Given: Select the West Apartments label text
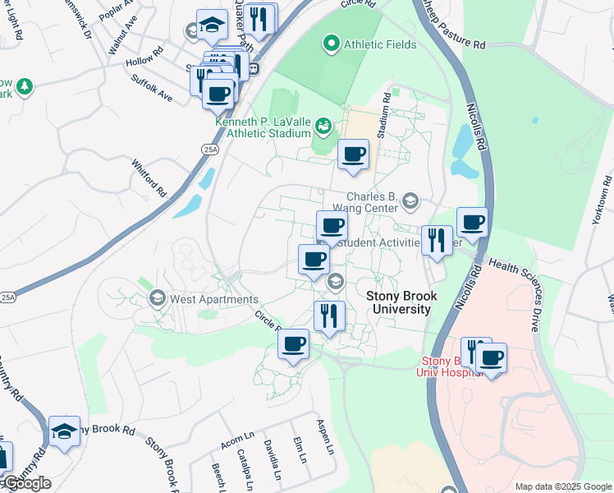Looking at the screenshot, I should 213,300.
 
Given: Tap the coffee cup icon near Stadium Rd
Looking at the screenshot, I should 353,154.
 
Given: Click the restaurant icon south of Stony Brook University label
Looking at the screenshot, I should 329,316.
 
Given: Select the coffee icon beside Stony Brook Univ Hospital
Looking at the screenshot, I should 492,357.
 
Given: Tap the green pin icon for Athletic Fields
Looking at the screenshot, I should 332,43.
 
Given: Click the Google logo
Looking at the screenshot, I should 26,483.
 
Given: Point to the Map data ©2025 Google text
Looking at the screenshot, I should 562,486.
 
